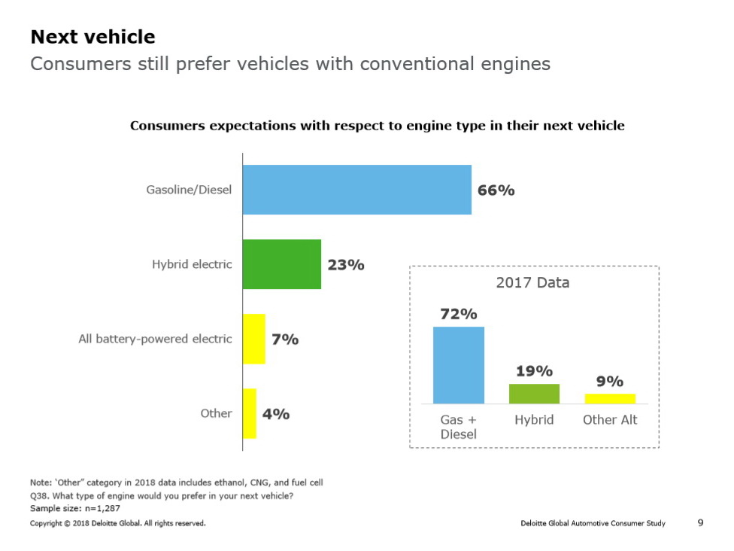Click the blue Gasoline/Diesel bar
[356, 190]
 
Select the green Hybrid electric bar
[281, 264]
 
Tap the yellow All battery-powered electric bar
[254, 339]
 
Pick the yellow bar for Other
[249, 413]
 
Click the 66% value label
[496, 190]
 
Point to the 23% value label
[346, 265]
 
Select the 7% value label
[285, 339]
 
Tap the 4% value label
[276, 414]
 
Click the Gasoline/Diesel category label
[189, 190]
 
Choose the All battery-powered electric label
[155, 339]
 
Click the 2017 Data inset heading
[532, 283]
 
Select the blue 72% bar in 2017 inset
[459, 365]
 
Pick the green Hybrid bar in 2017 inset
[534, 394]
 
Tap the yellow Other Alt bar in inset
[610, 398]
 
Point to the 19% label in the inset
[534, 371]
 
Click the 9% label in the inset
[610, 382]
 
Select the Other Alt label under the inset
[610, 420]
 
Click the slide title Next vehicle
[93, 37]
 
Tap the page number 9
[701, 522]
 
